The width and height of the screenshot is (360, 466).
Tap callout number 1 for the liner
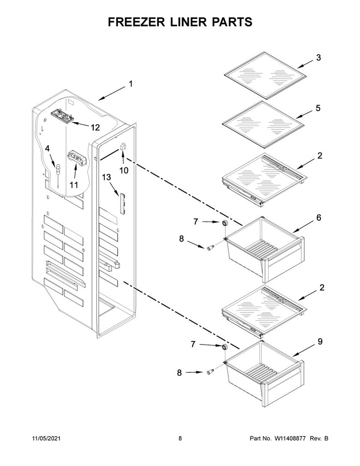pos(131,84)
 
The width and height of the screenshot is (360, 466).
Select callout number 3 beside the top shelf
pos(319,58)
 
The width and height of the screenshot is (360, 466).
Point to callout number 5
pos(318,108)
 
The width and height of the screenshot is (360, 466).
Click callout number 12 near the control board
pos(95,127)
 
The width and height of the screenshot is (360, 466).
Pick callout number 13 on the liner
pos(106,177)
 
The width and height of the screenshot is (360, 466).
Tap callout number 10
pos(124,170)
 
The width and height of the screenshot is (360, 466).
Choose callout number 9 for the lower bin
pos(320,342)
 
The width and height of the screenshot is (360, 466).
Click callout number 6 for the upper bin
pos(319,218)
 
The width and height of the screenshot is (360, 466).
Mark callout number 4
pos(48,148)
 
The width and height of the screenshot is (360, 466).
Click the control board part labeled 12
pos(63,115)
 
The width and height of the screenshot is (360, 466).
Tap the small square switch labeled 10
pos(122,147)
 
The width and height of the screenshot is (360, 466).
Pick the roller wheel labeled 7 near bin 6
pos(224,223)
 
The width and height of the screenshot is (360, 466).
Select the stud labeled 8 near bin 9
pos(210,371)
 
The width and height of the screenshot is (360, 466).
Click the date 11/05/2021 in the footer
pos(46,438)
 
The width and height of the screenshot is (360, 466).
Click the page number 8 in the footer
pos(180,438)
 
